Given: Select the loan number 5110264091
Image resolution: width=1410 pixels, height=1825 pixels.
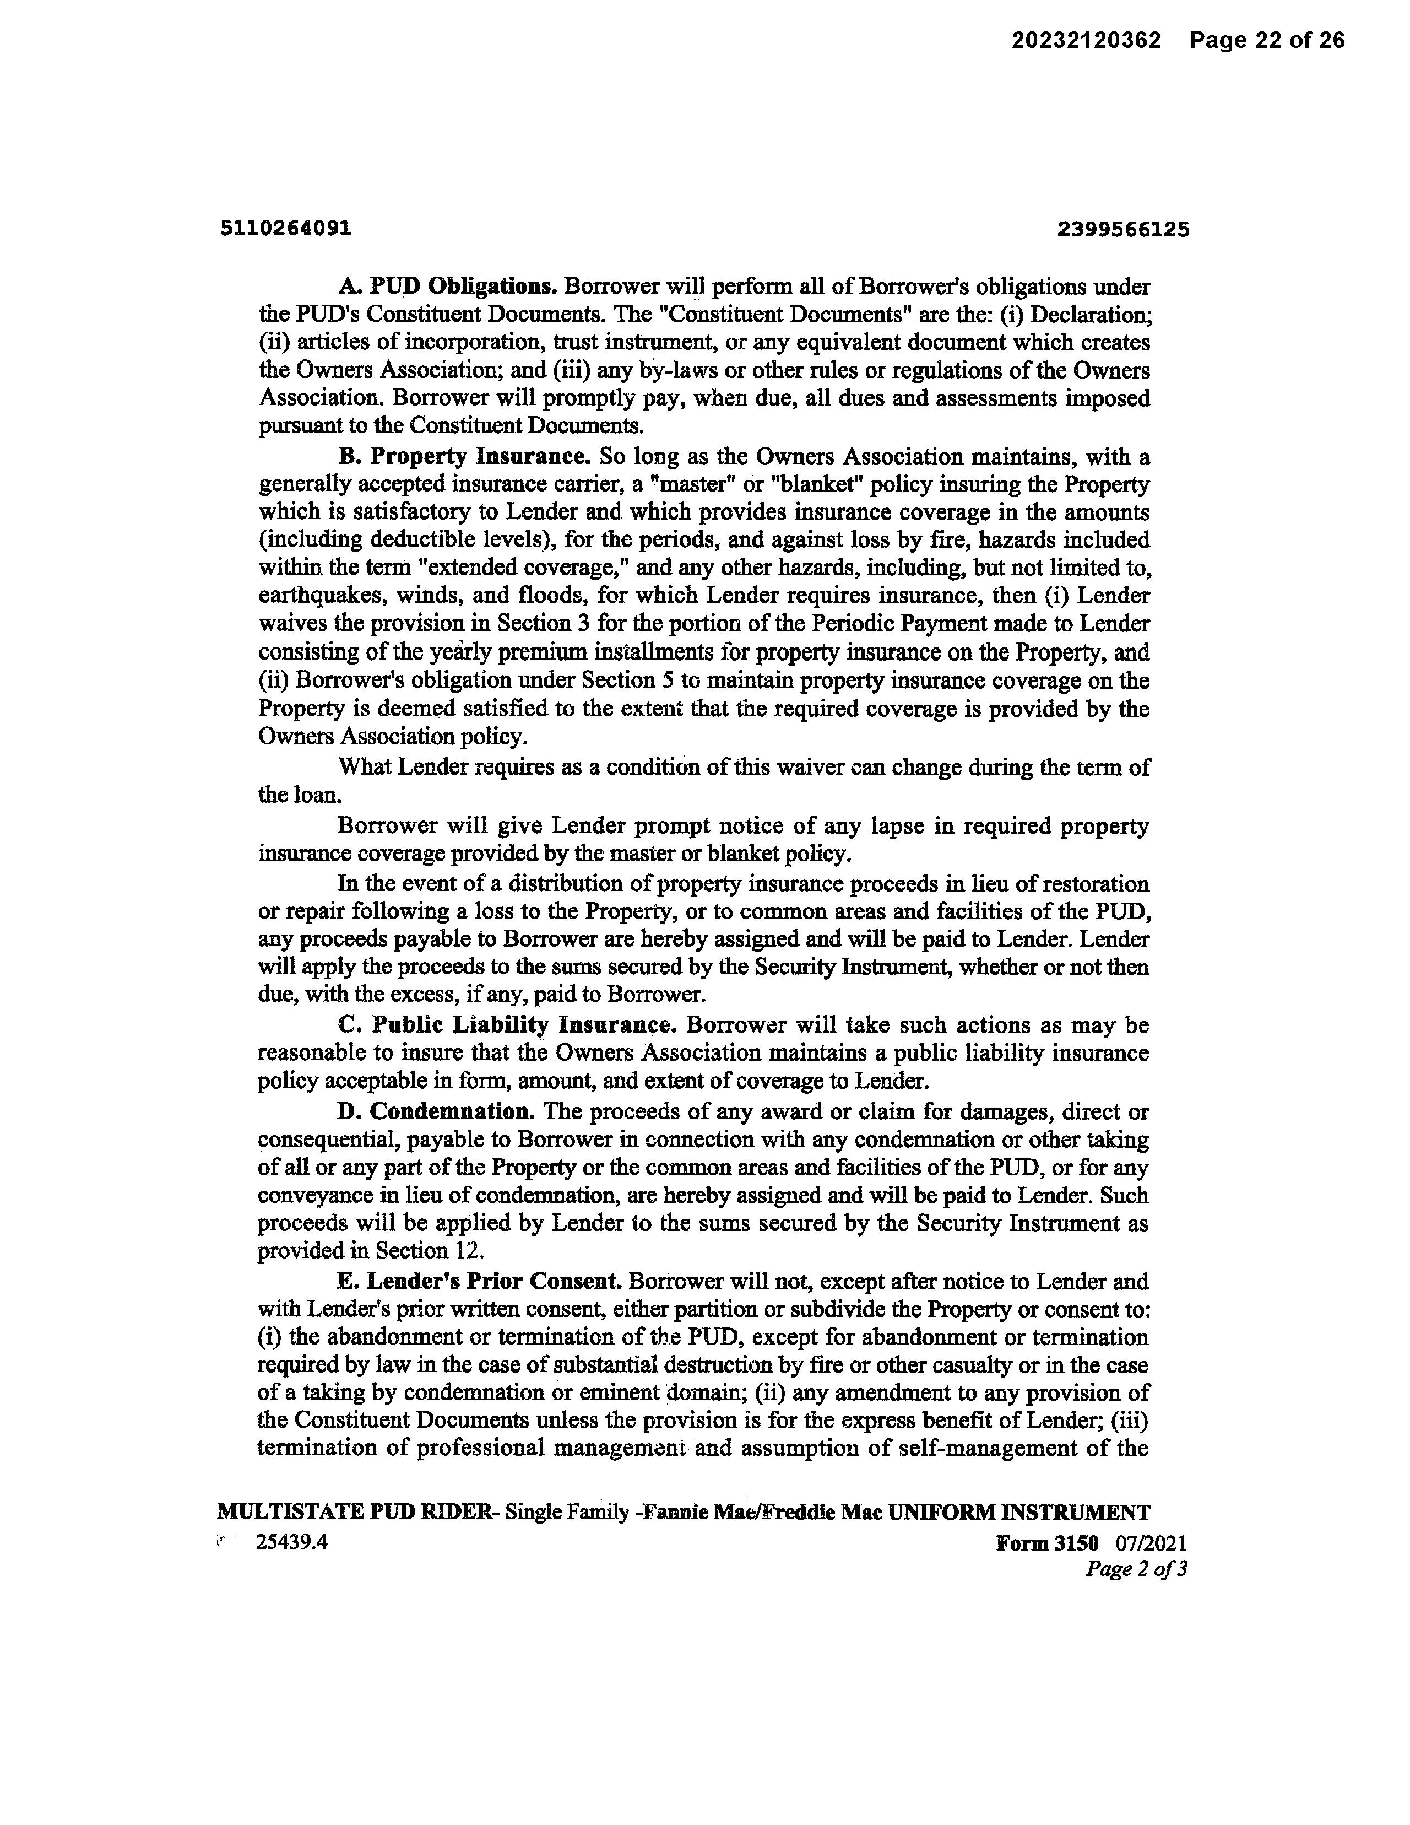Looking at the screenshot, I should tap(286, 228).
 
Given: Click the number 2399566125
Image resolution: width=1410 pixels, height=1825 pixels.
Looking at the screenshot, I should tap(1122, 229).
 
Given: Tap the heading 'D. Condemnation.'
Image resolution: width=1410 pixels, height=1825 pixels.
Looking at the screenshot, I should tap(436, 1111).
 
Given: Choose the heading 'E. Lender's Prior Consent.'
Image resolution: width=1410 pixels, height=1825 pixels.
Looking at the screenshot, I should tap(480, 1281).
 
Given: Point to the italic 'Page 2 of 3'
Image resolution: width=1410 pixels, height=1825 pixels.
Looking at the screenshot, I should tap(1136, 1569).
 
